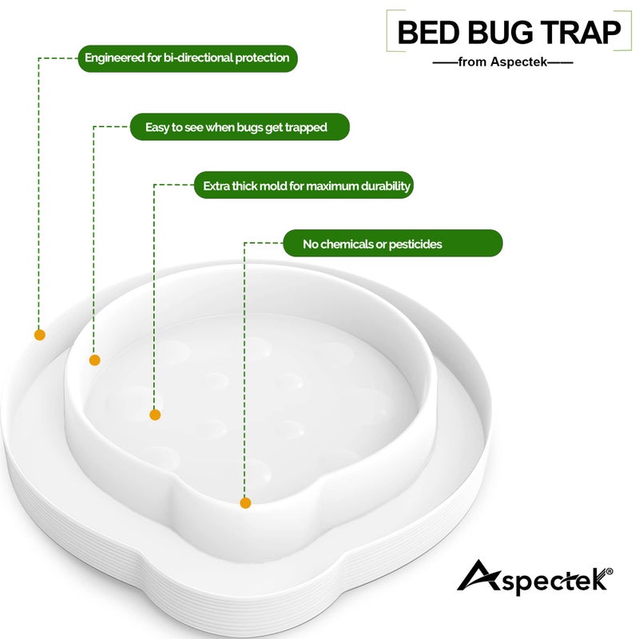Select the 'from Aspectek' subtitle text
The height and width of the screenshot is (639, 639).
[502, 62]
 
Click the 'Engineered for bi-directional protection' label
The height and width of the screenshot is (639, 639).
[188, 58]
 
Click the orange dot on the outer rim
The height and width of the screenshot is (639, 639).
[38, 335]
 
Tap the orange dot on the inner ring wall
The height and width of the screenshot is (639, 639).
[94, 360]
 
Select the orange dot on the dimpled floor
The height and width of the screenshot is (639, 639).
[155, 415]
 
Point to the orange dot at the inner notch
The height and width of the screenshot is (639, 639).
[245, 502]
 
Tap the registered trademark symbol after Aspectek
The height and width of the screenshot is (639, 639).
[609, 571]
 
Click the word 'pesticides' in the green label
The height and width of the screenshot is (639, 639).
[415, 244]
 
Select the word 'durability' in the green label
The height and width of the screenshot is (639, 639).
[384, 186]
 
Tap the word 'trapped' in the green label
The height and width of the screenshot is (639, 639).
[305, 127]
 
